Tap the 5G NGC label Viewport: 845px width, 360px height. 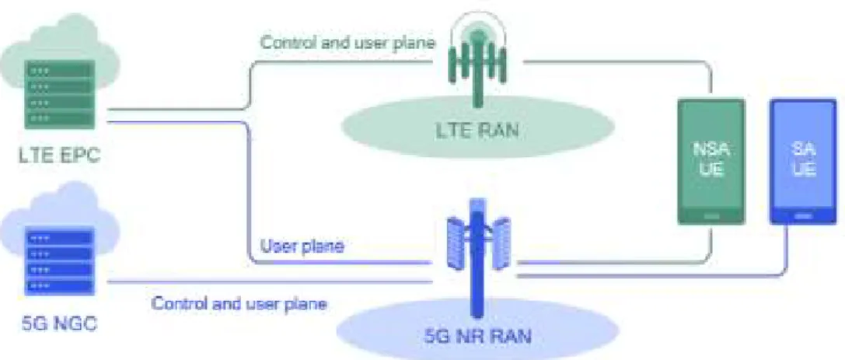point(59,324)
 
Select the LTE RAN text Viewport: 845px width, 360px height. point(478,131)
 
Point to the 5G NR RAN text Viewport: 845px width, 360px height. point(477,337)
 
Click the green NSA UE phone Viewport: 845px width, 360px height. point(711,161)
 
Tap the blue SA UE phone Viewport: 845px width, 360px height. point(803,161)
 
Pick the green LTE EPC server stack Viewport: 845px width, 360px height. point(59,94)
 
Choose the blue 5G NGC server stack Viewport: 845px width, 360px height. point(59,261)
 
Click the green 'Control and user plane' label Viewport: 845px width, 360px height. point(347,43)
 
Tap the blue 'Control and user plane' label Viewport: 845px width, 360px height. point(239,303)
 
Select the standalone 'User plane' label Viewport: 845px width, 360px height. point(302,246)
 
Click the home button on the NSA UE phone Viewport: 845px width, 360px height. point(711,215)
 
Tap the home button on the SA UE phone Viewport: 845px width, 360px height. point(803,215)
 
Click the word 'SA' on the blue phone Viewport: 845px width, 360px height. point(803,149)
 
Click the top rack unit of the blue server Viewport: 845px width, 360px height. point(59,236)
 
